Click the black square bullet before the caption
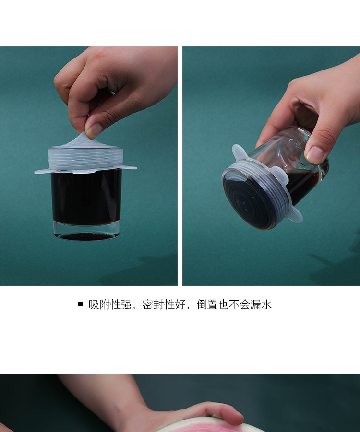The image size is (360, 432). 80,304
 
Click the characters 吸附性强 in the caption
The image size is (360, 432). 109,304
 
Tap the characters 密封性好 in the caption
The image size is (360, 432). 164,304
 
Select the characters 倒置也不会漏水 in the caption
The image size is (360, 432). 234,304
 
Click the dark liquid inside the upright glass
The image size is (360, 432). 86,197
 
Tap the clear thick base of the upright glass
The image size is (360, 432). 86,231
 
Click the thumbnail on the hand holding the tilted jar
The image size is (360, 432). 315,155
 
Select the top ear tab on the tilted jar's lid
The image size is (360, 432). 240,152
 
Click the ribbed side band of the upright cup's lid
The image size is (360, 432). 86,158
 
